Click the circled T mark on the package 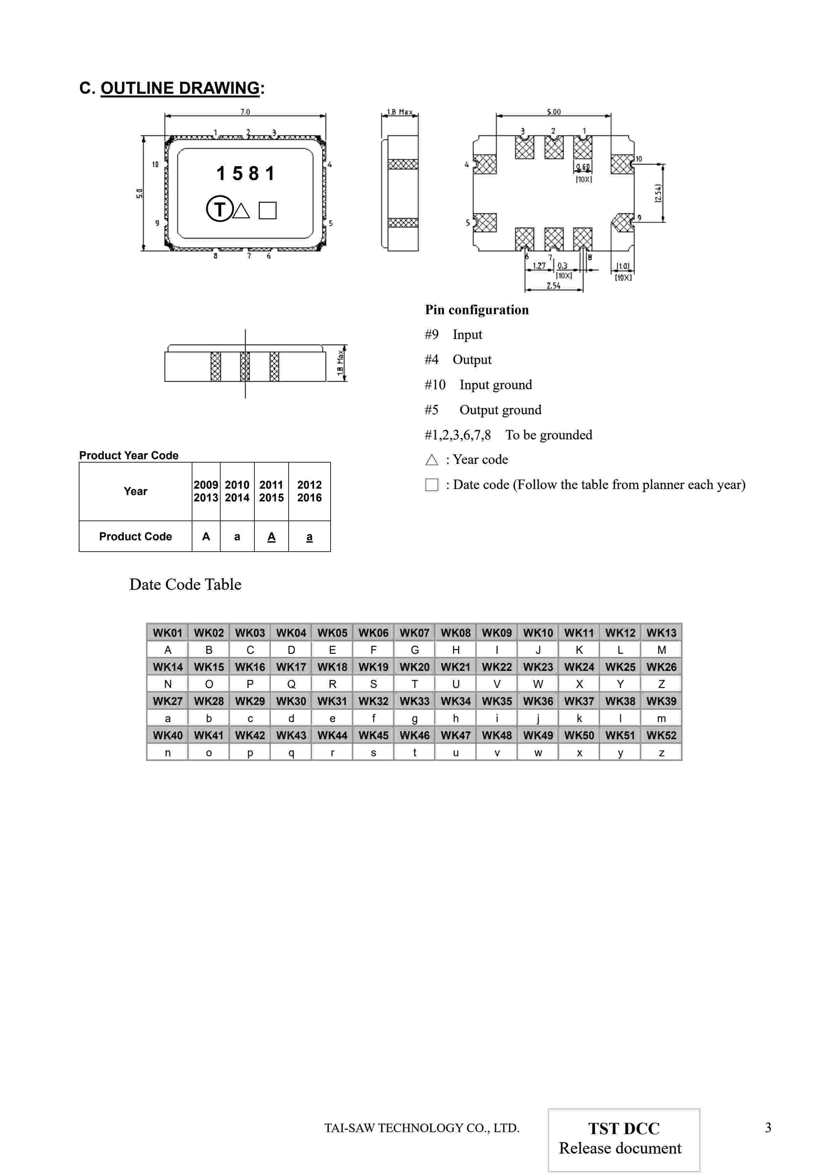coord(219,209)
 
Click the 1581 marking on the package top coord(245,174)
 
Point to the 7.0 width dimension coord(245,112)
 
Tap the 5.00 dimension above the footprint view coord(553,112)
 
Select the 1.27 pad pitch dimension coord(539,266)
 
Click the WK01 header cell coord(167,632)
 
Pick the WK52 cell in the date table coord(661,736)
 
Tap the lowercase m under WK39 coord(661,718)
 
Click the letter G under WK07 coord(415,650)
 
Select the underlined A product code coord(272,536)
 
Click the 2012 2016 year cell coord(309,491)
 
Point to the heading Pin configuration coord(477,309)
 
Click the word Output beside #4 coord(472,360)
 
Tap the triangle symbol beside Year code coord(432,460)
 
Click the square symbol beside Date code coord(432,485)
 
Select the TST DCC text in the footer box coord(624,1128)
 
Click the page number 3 coord(768,1127)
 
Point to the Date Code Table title coord(185,584)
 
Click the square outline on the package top coord(267,210)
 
